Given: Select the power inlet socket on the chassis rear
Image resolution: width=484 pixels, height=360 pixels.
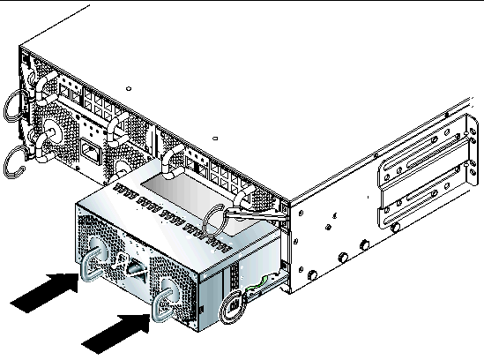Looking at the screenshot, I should [90, 150].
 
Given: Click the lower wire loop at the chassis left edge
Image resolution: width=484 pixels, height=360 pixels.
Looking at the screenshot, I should [18, 164].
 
